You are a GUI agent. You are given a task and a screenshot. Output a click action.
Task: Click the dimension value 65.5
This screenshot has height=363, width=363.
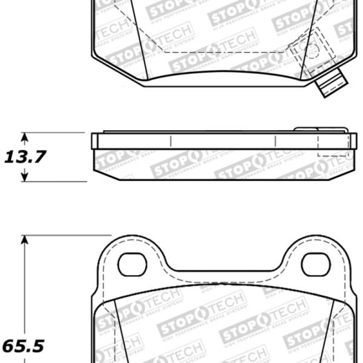pyautogui.click(x=23, y=347)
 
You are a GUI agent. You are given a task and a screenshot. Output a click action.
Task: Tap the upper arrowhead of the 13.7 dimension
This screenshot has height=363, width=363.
pyautogui.click(x=25, y=137)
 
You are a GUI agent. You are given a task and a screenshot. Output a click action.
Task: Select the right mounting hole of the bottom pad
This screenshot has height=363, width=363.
pyautogui.click(x=315, y=264)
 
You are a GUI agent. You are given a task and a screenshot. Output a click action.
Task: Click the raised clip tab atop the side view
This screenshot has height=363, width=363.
pyautogui.click(x=321, y=129)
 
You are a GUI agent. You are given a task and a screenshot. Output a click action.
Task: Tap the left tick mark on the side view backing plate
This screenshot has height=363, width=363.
pyautogui.click(x=171, y=141)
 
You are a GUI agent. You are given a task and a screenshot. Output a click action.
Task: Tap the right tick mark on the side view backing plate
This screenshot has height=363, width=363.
pyautogui.click(x=275, y=141)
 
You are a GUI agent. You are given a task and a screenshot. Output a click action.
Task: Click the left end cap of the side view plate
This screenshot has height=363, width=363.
pyautogui.click(x=94, y=141)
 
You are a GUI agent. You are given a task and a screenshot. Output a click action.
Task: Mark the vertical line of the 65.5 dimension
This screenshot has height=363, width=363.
pyautogui.click(x=25, y=290)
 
